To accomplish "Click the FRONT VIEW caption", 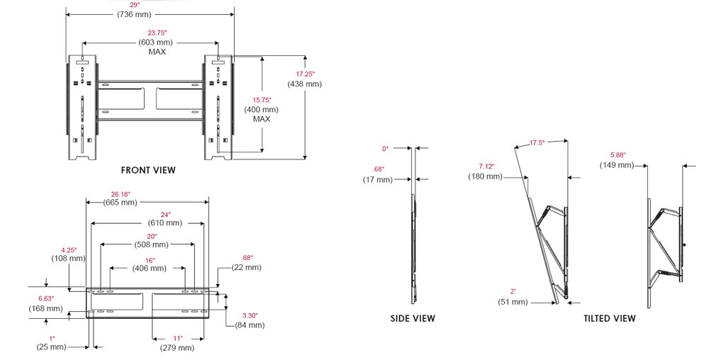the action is click(148, 170).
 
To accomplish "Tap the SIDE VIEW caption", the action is click(413, 318).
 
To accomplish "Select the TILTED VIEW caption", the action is click(610, 318).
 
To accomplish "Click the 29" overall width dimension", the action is click(134, 4).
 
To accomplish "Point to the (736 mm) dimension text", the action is click(134, 14).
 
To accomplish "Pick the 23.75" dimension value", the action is click(157, 33).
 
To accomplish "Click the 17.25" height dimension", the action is click(305, 74).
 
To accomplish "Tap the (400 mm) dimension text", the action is click(262, 109).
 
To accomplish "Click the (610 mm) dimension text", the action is click(165, 223).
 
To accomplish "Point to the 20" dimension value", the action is click(152, 236).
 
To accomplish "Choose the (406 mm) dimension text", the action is click(149, 269).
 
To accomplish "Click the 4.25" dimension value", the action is click(69, 250).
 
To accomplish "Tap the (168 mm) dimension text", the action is click(45, 308).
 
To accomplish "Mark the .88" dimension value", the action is click(247, 258).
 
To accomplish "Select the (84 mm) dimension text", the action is click(250, 325).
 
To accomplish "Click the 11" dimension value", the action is click(178, 338).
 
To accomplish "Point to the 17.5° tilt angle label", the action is click(537, 142).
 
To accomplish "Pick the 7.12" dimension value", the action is click(486, 167).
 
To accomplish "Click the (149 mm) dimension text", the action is click(618, 165).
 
